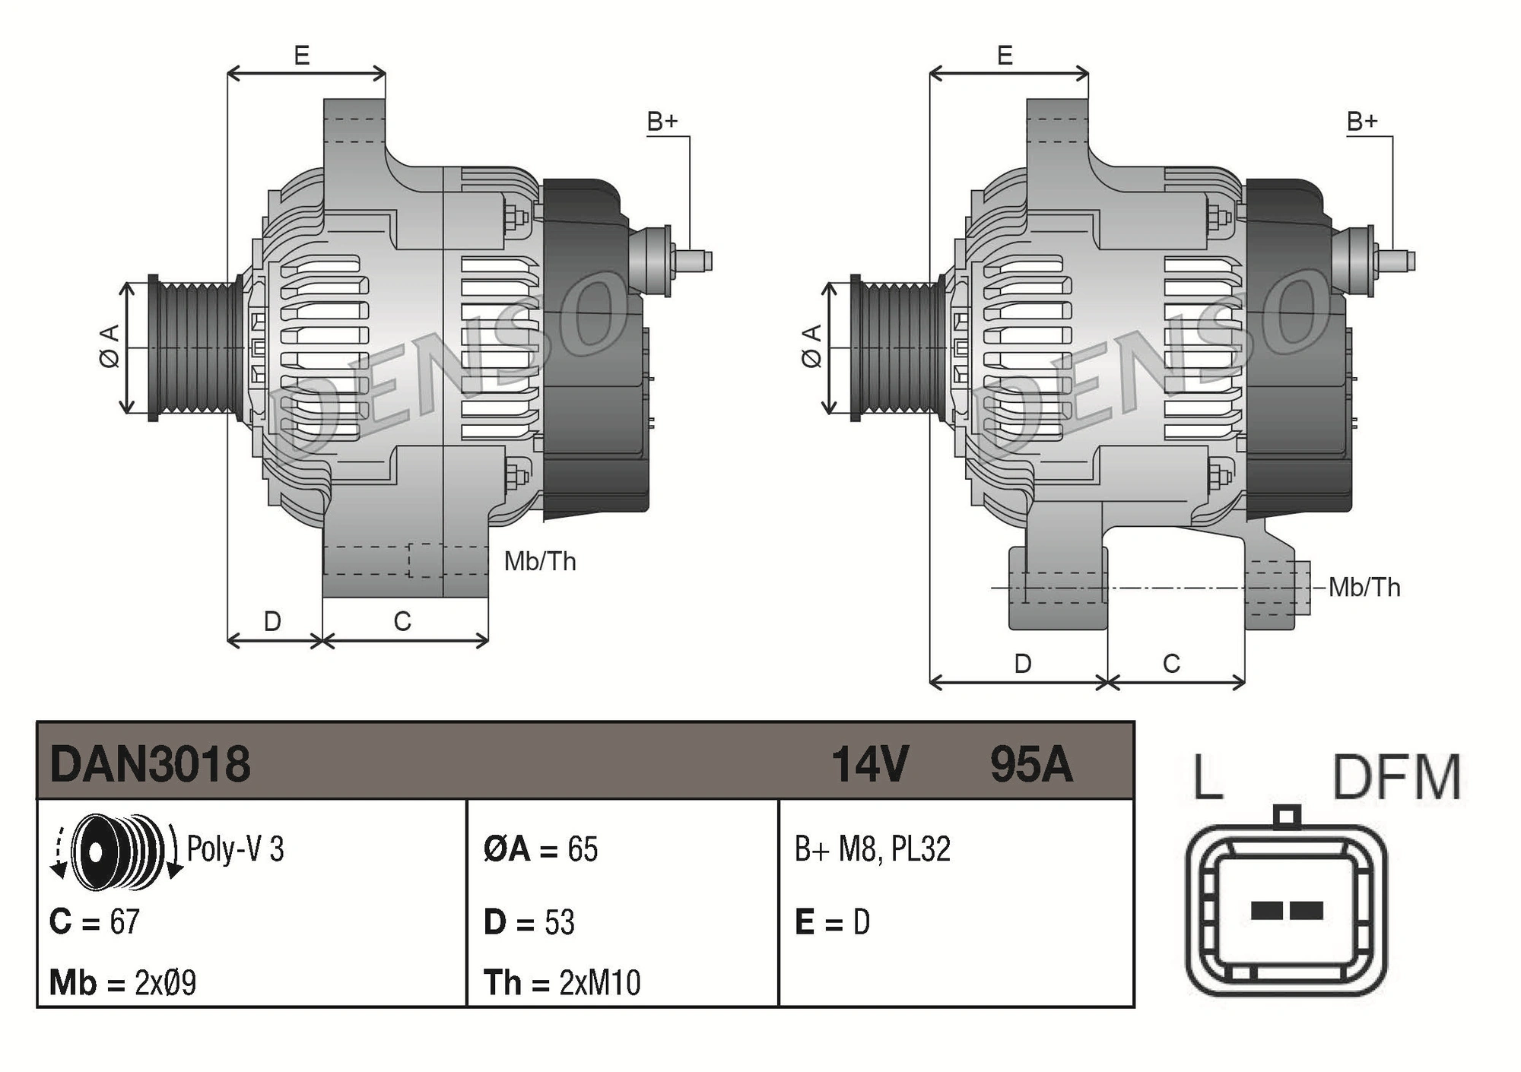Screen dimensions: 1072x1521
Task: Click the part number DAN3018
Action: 150,763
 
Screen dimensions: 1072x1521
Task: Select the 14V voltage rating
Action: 869,764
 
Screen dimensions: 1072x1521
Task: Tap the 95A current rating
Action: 1031,764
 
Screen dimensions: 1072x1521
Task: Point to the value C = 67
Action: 94,921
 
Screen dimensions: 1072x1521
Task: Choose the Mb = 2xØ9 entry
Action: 122,982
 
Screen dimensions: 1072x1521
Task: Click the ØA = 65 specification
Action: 541,849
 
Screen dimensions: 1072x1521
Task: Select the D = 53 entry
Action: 529,922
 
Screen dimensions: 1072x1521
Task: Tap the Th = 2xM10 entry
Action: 562,982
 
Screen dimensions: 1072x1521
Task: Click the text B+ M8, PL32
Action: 872,849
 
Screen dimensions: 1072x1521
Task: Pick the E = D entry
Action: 832,922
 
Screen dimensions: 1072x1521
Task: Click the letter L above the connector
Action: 1208,777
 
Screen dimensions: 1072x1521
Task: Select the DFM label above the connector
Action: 1397,777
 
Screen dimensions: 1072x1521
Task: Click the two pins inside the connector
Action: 1286,909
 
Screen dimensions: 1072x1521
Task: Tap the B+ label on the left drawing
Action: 662,122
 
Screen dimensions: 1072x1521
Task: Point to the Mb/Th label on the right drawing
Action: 1364,588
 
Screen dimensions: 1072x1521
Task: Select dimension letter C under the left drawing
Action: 402,621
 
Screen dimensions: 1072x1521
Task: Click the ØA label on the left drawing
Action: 110,347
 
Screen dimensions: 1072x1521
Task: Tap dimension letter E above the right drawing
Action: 1005,56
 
